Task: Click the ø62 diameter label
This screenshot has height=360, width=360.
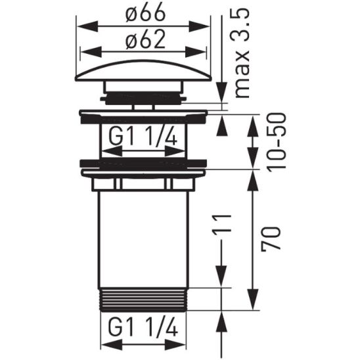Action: click(144, 41)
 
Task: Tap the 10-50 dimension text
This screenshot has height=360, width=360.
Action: click(276, 142)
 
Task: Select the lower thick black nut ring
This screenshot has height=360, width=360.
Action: click(143, 162)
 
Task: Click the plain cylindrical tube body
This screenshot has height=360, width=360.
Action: click(143, 236)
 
